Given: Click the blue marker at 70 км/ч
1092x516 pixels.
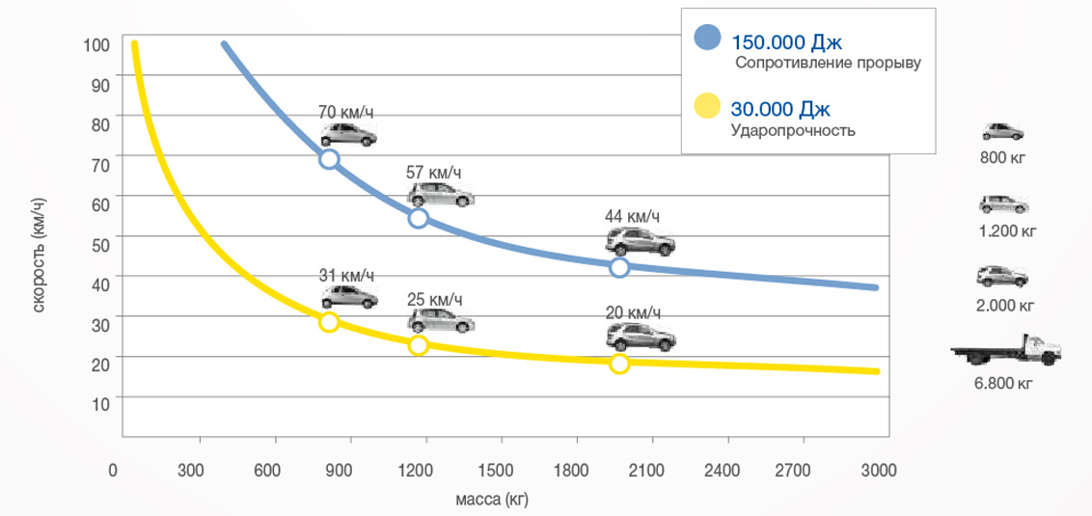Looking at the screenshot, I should (329, 159).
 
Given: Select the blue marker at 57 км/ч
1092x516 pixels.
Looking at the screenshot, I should (419, 218).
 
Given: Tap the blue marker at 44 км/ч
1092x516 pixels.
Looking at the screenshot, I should (619, 267).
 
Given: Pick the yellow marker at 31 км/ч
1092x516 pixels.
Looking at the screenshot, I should (329, 322).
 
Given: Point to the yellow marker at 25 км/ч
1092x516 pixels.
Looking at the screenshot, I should (419, 345).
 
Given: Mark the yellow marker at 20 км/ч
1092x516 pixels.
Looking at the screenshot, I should (619, 364).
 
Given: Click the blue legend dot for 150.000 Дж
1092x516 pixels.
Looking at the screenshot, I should (707, 38).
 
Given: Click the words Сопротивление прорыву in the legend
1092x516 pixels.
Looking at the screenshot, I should (828, 64).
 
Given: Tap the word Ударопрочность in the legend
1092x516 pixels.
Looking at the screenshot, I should (793, 130).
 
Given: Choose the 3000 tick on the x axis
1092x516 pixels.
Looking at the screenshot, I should (879, 470).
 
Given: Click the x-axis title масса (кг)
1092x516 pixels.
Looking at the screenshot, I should (492, 500).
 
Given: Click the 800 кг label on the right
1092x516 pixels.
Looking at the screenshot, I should (1003, 156).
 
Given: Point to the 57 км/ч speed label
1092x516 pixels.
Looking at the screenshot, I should (434, 173).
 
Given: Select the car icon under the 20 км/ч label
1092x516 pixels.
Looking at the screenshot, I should (641, 337).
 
